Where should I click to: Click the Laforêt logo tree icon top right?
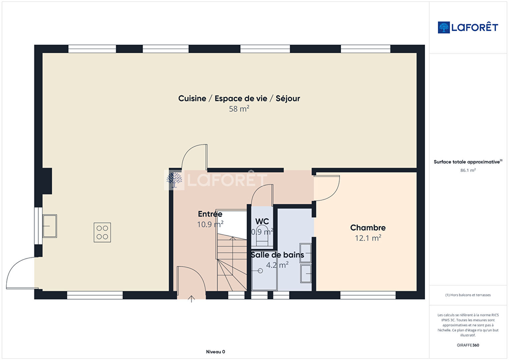point(444,27)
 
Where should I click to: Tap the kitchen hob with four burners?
point(102,232)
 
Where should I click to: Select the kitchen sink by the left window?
point(50,226)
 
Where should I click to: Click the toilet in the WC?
point(262,236)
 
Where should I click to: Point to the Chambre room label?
point(368,228)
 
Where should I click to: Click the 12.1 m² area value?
point(368,238)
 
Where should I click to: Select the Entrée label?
point(210,214)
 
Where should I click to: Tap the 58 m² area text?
point(239,109)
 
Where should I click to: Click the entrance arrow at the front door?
point(191,299)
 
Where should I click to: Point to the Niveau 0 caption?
point(215,352)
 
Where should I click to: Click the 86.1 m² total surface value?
point(468,170)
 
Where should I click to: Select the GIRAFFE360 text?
point(468,345)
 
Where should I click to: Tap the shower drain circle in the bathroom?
point(261,271)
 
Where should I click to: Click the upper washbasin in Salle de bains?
point(306,253)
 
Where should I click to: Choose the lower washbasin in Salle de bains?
point(306,274)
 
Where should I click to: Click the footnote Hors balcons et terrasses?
point(468,295)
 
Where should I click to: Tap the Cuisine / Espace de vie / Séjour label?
point(239,98)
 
